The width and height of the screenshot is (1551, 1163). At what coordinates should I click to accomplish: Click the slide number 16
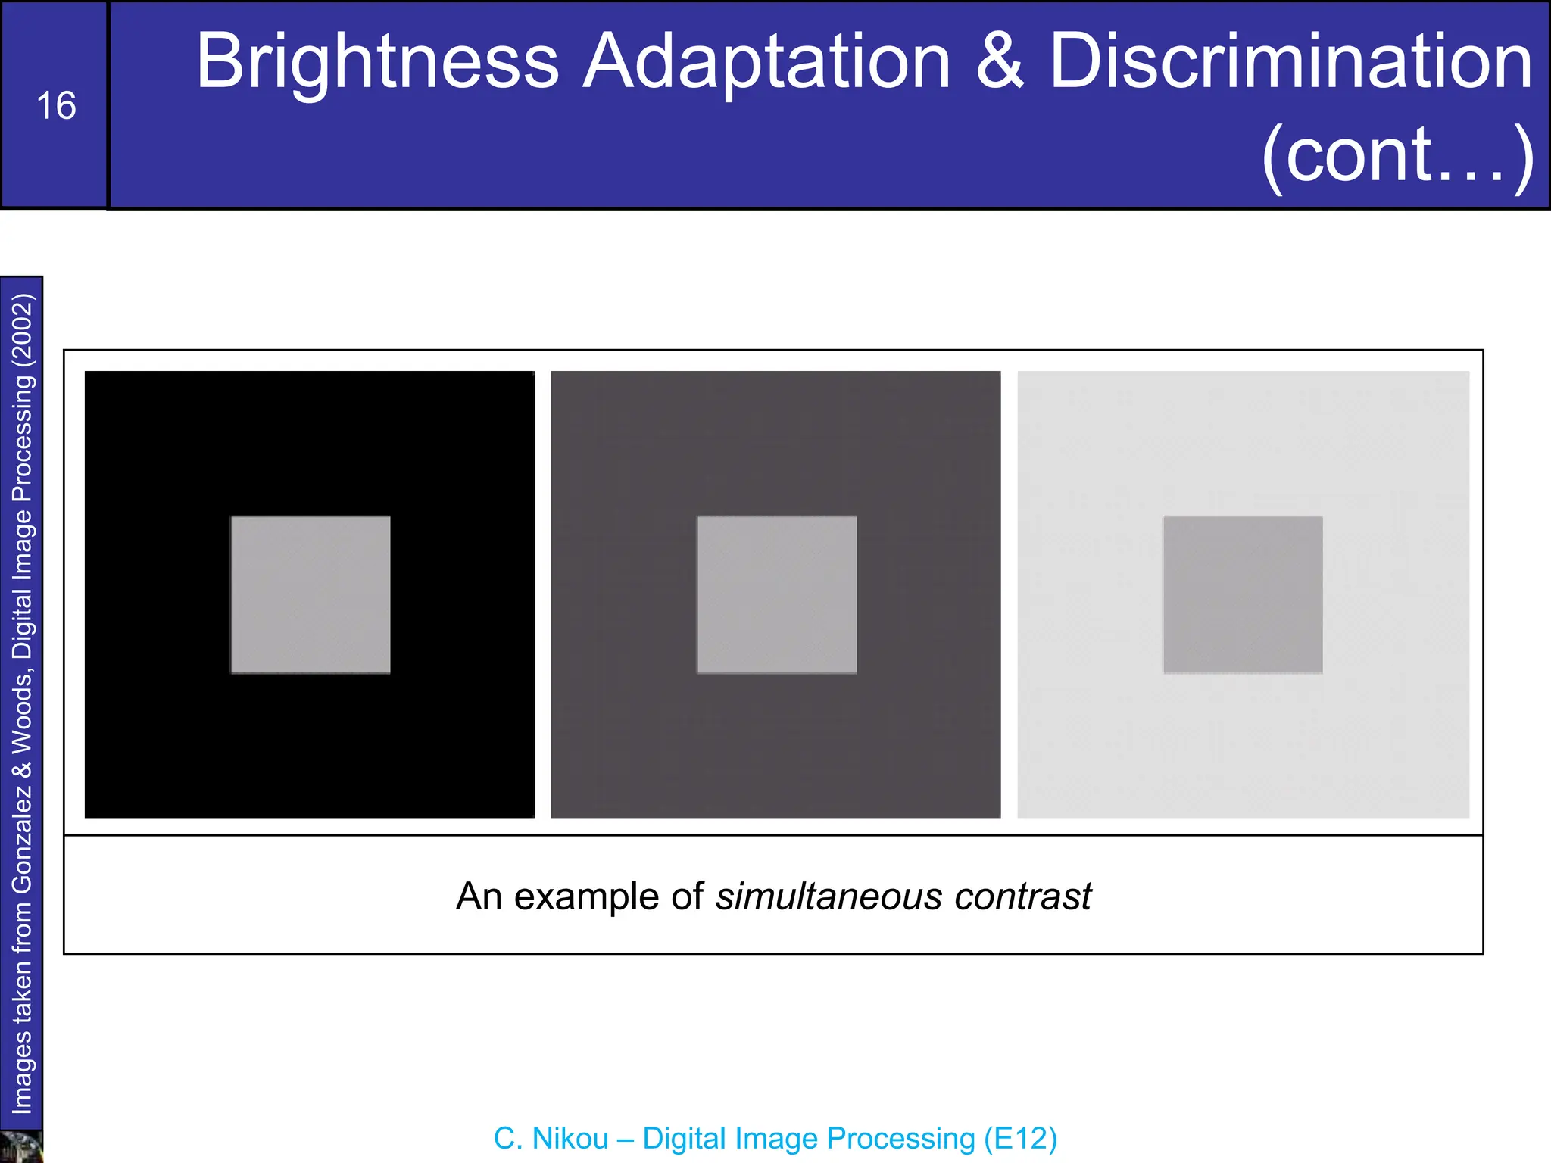[56, 106]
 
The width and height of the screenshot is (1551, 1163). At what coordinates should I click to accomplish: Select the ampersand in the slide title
[999, 62]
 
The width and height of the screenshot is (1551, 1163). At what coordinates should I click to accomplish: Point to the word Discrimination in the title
[1290, 62]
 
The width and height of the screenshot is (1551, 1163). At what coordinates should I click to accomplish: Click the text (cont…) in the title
[1397, 155]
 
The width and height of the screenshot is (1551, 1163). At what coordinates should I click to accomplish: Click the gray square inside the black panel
[311, 594]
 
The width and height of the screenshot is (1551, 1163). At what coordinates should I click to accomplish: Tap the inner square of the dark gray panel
[777, 594]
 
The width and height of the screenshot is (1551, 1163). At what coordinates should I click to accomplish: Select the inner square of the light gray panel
[1243, 594]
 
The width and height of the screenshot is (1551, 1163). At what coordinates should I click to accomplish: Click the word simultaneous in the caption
[829, 896]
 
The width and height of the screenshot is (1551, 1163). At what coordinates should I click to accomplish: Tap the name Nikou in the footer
[570, 1139]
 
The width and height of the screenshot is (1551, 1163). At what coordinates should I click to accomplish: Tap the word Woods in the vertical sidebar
[23, 712]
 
